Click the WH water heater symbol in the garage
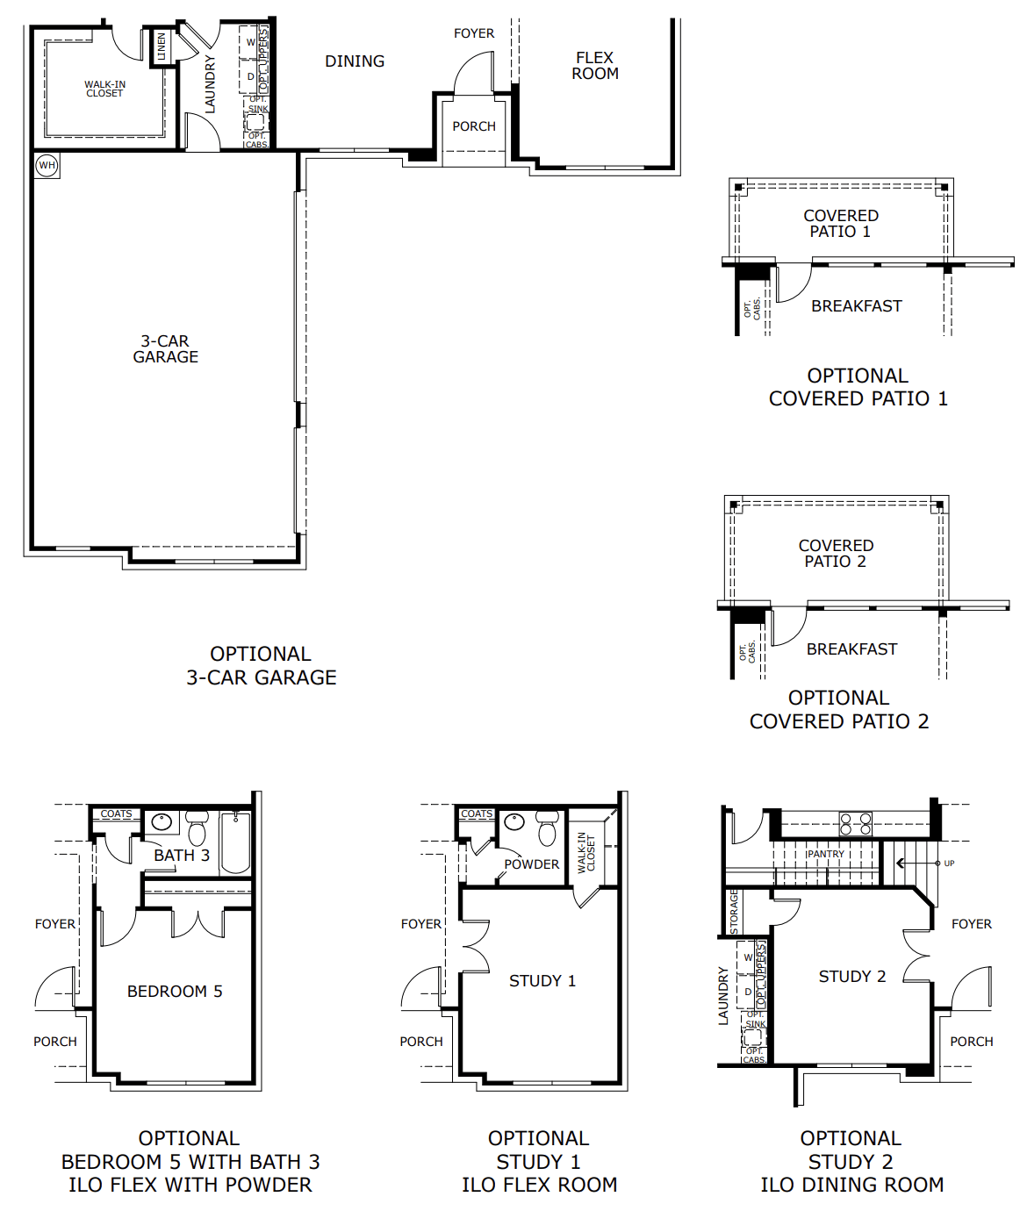[x=47, y=165]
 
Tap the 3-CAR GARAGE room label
[x=165, y=349]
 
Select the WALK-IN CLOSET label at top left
[x=104, y=89]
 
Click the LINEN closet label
[x=162, y=47]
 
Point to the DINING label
[x=355, y=61]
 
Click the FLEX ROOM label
[x=595, y=66]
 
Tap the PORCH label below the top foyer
[x=474, y=126]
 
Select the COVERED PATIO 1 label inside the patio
[x=841, y=224]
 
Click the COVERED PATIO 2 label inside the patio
[x=836, y=554]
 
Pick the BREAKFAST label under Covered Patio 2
[x=851, y=649]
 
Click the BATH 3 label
[x=182, y=856]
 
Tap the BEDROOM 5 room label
[x=175, y=992]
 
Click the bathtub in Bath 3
[x=235, y=842]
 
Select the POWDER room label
[x=531, y=864]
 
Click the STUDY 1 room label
[x=542, y=981]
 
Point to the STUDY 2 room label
[x=851, y=977]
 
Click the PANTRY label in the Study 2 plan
[x=825, y=854]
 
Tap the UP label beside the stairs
[x=949, y=863]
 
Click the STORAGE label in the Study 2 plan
[x=735, y=912]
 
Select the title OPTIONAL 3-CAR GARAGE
[x=261, y=666]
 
